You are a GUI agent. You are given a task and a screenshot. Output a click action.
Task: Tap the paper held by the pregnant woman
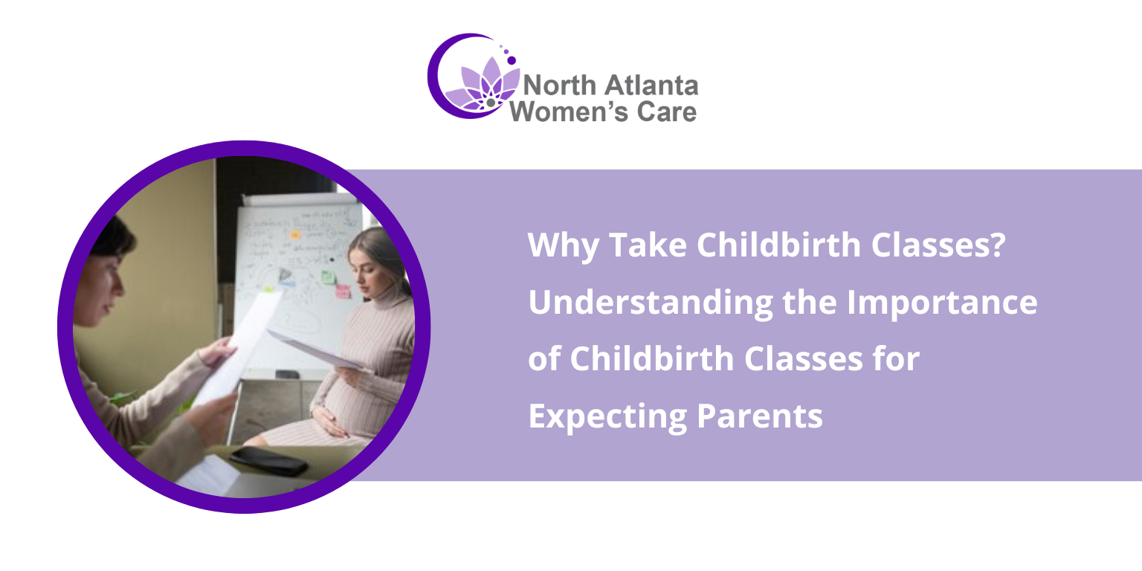point(312,349)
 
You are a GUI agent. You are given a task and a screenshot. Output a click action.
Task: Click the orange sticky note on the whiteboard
point(295,235)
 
